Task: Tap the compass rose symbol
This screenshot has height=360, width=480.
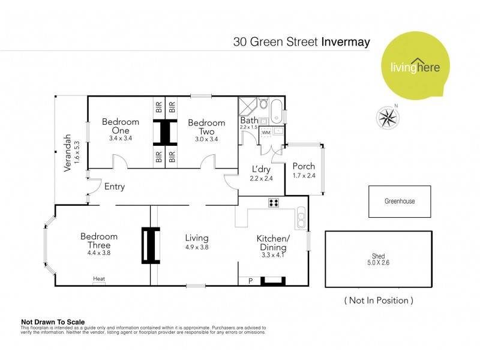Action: [388, 116]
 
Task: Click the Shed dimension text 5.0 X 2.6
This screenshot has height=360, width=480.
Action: [378, 262]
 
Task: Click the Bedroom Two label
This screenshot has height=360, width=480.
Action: [206, 127]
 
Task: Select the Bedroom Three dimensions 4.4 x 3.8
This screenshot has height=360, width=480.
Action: [99, 253]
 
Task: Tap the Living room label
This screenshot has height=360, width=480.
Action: [196, 237]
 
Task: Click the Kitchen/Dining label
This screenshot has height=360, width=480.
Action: [273, 242]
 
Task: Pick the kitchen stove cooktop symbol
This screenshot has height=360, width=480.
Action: [274, 203]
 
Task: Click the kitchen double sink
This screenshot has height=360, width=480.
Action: [301, 217]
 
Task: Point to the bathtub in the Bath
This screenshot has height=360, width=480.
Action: [276, 112]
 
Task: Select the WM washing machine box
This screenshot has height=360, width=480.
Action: [266, 132]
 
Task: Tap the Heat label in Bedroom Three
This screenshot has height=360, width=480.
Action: [98, 278]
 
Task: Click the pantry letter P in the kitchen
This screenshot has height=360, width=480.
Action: [250, 280]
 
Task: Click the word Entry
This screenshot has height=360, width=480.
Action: [115, 187]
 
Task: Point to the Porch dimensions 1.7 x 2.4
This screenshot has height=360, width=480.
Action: [303, 176]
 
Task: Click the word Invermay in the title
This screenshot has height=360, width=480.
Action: [346, 43]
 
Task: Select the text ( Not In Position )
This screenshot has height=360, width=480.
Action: [378, 300]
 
